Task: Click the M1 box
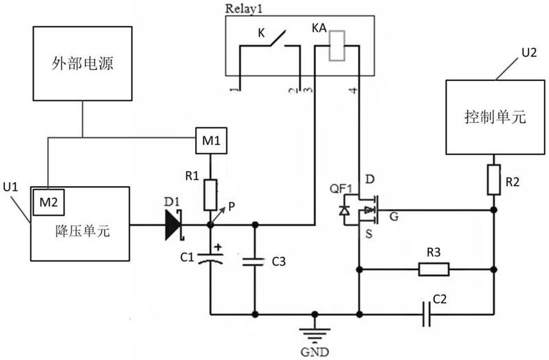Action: (x=211, y=140)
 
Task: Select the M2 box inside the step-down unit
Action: (x=49, y=202)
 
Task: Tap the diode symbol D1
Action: (x=174, y=225)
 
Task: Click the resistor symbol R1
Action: (x=210, y=194)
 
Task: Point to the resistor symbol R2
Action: (x=493, y=179)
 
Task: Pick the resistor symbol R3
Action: (x=434, y=269)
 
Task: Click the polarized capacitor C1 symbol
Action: (x=210, y=258)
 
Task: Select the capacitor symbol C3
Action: (x=254, y=262)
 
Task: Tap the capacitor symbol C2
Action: (x=427, y=314)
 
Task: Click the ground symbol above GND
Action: (x=315, y=334)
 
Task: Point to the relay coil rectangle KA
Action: (x=337, y=45)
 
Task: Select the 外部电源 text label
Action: (x=82, y=64)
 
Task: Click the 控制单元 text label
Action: (x=495, y=117)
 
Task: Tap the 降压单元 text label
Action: (x=82, y=232)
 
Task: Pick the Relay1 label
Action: (x=244, y=8)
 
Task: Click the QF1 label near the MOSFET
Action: (x=341, y=189)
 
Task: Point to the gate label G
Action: (x=394, y=217)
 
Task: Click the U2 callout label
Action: (x=529, y=52)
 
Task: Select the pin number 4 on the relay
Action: (x=354, y=91)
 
